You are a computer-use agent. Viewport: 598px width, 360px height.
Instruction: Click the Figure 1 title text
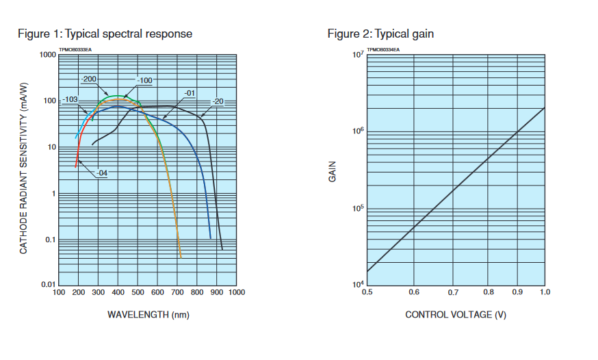coord(104,34)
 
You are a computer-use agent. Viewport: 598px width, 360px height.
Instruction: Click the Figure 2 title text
coord(380,34)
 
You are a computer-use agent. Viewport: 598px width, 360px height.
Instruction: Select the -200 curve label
coord(89,80)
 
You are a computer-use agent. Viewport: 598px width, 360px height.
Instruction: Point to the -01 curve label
coord(190,93)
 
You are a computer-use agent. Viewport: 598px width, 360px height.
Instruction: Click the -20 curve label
coord(218,102)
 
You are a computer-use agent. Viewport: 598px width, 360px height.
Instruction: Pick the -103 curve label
coord(69,100)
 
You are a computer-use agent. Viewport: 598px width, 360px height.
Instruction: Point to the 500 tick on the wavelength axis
coord(138,293)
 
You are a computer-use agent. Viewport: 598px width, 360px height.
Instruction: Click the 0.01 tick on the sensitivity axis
coord(47,284)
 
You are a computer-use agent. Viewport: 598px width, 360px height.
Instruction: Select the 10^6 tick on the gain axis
coord(356,131)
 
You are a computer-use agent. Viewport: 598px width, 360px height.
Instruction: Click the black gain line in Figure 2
coord(456,184)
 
